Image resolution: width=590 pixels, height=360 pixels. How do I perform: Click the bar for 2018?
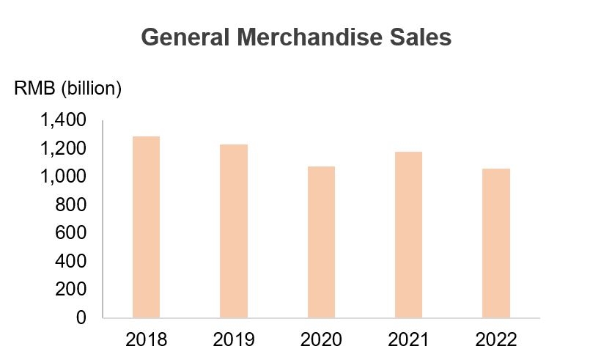[146, 227]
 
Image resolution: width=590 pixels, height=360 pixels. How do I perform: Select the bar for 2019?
[233, 231]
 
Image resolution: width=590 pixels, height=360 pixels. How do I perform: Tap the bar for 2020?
[321, 242]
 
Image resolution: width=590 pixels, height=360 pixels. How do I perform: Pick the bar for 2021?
[408, 235]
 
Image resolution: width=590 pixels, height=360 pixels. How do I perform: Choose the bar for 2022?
[495, 243]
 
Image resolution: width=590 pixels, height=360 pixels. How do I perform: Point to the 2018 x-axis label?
[146, 340]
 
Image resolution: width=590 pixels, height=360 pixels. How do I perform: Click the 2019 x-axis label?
[233, 340]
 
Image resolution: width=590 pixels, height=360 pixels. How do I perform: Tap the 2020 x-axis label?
[321, 340]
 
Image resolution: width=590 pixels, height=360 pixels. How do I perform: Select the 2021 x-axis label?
[408, 340]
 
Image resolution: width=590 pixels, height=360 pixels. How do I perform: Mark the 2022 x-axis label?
[495, 340]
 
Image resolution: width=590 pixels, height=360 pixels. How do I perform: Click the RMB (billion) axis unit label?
[68, 89]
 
